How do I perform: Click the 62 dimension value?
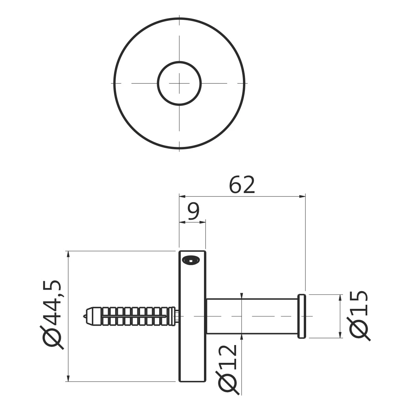pyautogui.click(x=242, y=185)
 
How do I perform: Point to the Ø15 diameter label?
pyautogui.click(x=358, y=316)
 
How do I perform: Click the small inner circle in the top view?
pyautogui.click(x=179, y=83)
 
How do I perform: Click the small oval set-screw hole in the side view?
pyautogui.click(x=191, y=260)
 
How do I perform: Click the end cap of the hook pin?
pyautogui.click(x=302, y=316)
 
